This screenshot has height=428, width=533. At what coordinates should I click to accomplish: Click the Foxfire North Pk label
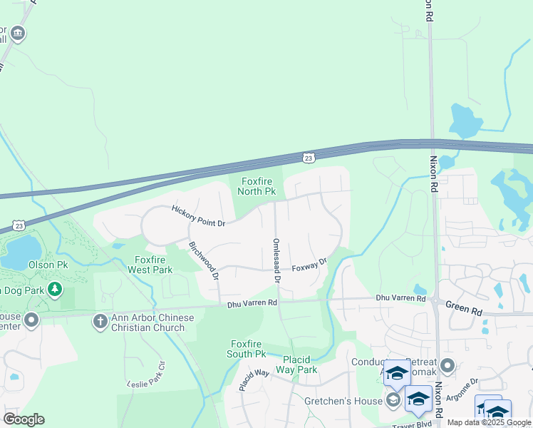[258, 187]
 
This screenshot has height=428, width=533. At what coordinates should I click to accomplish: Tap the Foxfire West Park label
[150, 265]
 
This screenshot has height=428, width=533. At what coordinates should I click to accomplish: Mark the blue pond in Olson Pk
[21, 252]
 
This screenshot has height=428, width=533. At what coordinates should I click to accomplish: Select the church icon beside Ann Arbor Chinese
[100, 322]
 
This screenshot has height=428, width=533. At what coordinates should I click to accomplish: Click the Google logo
[23, 419]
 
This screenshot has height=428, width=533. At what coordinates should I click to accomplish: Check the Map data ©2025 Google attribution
[489, 422]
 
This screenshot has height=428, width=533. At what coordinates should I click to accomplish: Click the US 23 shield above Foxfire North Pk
[308, 157]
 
